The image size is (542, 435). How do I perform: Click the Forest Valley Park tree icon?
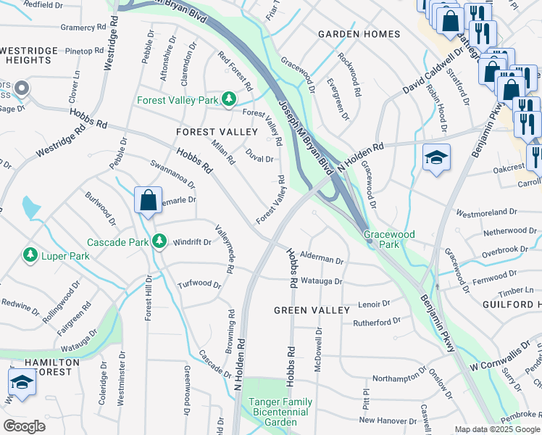[x=229, y=99]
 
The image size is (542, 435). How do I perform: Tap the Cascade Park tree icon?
[x=159, y=241]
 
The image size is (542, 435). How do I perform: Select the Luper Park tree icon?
[x=30, y=254]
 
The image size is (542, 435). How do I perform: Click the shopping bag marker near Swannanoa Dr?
[x=148, y=201]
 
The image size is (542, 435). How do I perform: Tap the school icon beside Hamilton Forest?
[x=22, y=383]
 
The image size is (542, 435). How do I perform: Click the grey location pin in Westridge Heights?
[x=21, y=89]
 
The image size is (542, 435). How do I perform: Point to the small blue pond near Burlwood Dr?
[x=31, y=207]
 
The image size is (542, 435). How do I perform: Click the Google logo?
[x=25, y=426]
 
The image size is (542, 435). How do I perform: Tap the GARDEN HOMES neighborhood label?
[x=359, y=34]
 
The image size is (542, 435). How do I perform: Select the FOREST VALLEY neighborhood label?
[x=217, y=132]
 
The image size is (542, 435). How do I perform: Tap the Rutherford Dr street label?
[x=377, y=321]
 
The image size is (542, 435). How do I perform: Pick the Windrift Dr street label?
[x=190, y=241]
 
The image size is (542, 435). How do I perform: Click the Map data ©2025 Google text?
[x=497, y=429]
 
